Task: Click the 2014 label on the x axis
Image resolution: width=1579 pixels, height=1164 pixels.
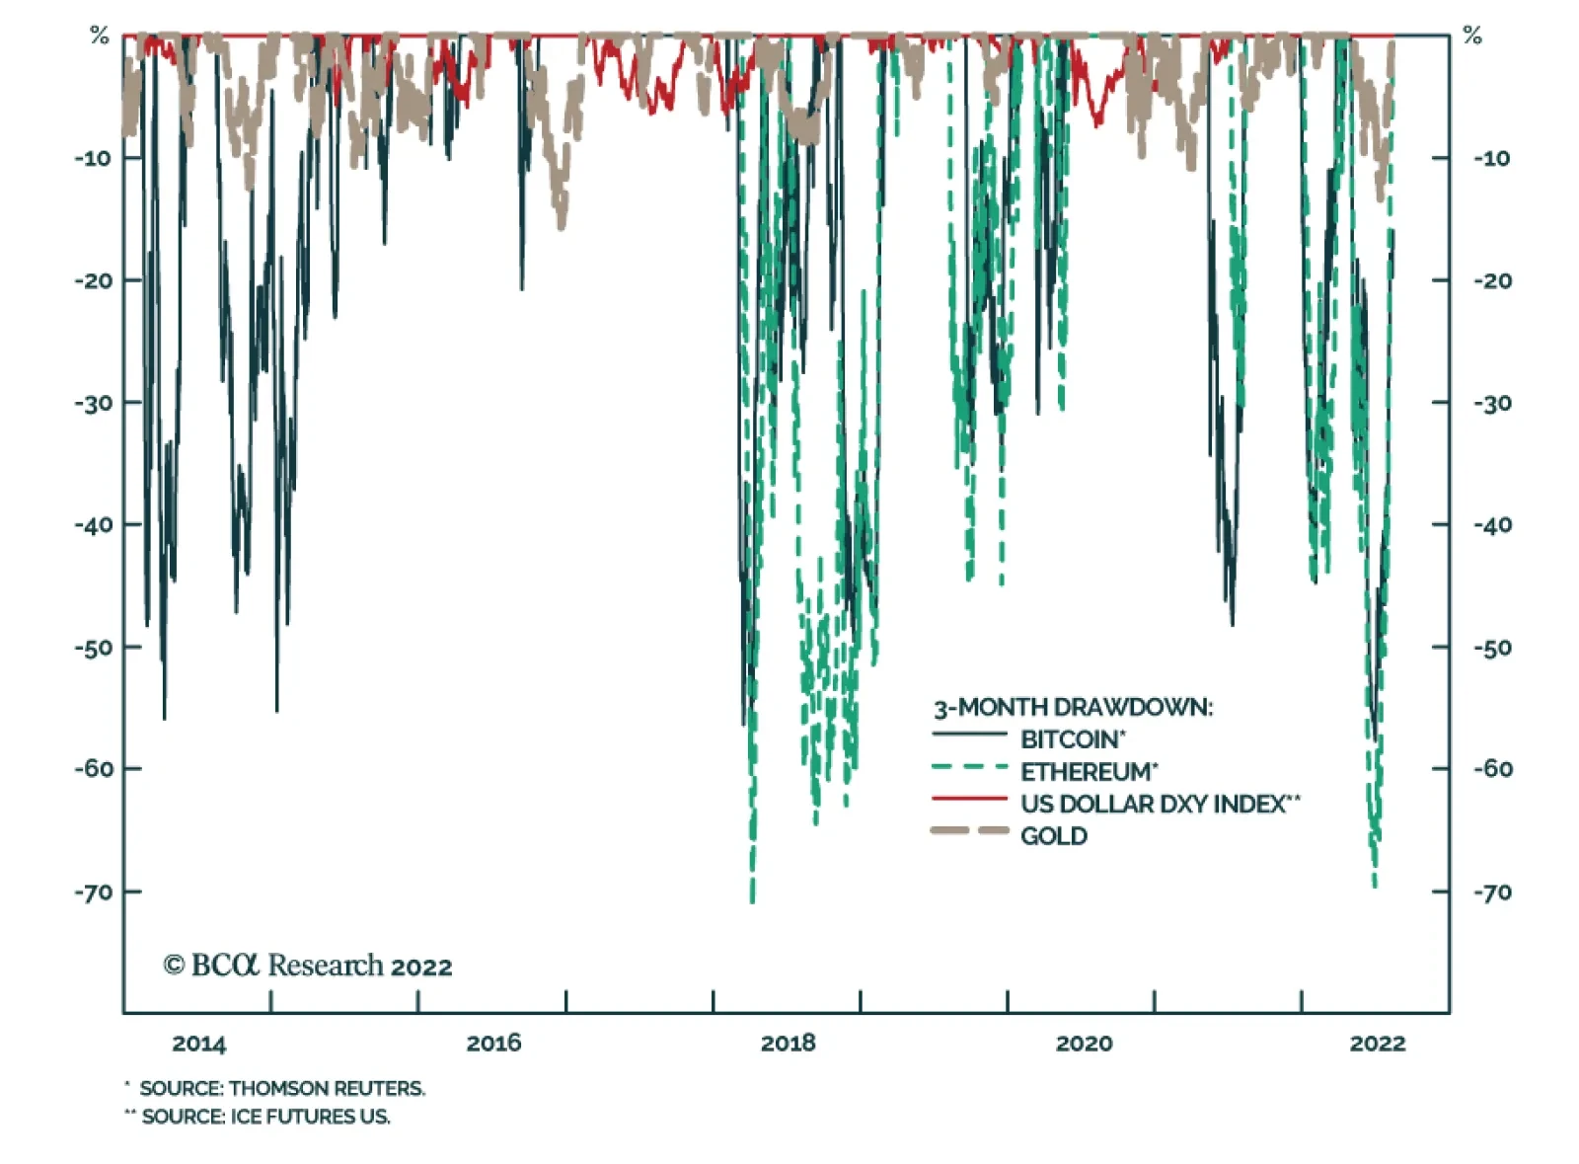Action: pos(198,1044)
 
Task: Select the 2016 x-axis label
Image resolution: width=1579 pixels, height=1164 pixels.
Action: pos(493,1044)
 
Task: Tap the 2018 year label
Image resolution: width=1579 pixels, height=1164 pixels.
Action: pos(789,1044)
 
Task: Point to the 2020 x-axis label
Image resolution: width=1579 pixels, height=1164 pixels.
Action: pos(1084,1044)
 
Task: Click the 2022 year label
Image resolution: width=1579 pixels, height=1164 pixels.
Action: pos(1378,1044)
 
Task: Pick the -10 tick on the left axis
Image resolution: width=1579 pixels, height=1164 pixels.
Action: pos(94,158)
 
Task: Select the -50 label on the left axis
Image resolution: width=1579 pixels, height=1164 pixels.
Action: pos(94,648)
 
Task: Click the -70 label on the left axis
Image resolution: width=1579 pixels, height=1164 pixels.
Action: pos(94,892)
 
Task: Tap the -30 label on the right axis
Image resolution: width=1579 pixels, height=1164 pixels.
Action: pos(1492,403)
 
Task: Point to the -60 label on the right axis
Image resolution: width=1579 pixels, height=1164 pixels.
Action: pos(1492,769)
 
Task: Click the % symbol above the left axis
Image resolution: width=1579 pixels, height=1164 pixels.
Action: pos(99,37)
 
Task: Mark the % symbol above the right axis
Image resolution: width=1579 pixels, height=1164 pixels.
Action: pos(1472,37)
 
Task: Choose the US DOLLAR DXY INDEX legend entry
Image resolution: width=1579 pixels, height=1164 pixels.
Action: pos(1160,804)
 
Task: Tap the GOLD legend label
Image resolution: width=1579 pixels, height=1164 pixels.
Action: pos(1054,836)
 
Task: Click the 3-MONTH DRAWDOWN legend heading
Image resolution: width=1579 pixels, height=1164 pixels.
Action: pos(1073,707)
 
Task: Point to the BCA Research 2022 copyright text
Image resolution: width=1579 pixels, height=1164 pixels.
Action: pos(308,966)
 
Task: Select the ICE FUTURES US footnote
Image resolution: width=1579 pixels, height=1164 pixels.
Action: pos(265,1117)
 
